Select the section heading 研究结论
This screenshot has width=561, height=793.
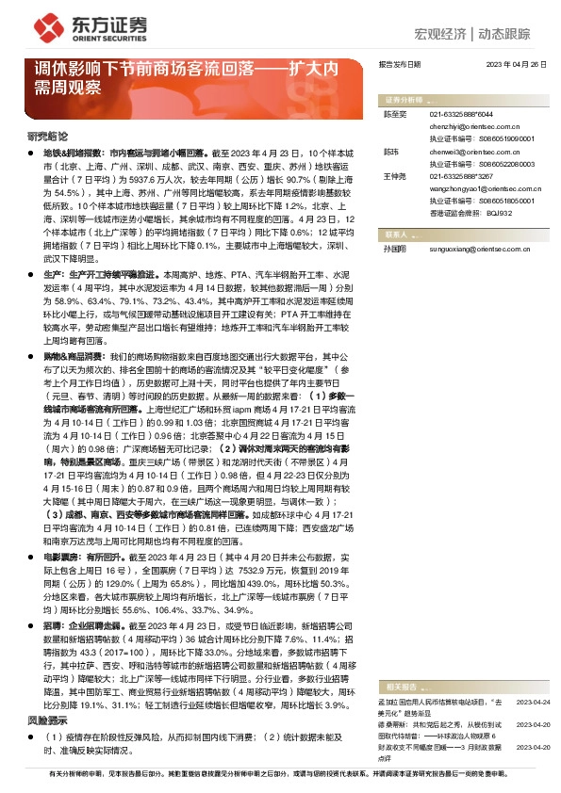click(x=45, y=138)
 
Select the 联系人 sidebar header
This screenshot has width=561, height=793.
click(x=394, y=235)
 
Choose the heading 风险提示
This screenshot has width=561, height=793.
click(x=45, y=719)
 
